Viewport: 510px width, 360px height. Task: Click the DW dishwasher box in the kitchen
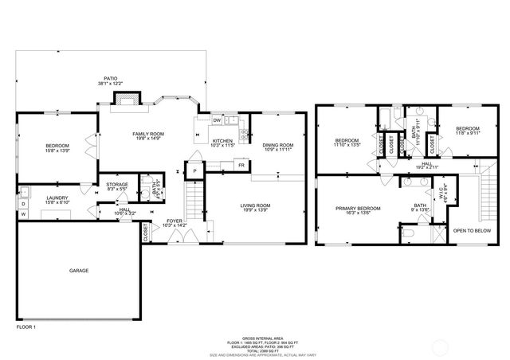(216, 120)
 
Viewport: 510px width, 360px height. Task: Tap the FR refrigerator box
(240, 165)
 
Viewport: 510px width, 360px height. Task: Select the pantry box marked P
(193, 170)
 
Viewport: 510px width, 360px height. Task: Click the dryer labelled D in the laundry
(22, 204)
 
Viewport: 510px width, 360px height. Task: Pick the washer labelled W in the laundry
(22, 214)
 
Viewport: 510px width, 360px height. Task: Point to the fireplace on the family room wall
(125, 99)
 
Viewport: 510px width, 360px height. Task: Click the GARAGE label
(78, 271)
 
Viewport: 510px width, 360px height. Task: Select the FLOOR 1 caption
(26, 327)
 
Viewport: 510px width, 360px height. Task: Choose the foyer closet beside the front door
(146, 233)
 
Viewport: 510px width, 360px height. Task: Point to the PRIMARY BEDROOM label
(358, 209)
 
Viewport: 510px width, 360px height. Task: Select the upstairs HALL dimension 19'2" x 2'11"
(427, 168)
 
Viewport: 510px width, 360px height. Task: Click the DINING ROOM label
(278, 145)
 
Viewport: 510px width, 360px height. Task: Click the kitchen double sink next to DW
(231, 120)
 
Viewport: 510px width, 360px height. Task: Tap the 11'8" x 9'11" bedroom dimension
(468, 134)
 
